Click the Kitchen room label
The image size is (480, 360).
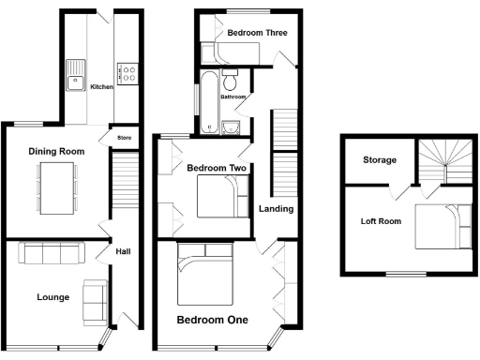[101, 87]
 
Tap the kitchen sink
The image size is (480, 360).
[75, 79]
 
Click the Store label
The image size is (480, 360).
[124, 139]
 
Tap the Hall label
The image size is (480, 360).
[122, 251]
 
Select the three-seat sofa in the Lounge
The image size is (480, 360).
[52, 253]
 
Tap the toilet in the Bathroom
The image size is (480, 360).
[232, 75]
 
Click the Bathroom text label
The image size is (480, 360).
[233, 97]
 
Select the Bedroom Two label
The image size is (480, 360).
[217, 169]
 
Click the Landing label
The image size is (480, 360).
[277, 208]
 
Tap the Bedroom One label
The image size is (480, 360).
[213, 320]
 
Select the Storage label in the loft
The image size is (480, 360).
[379, 160]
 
